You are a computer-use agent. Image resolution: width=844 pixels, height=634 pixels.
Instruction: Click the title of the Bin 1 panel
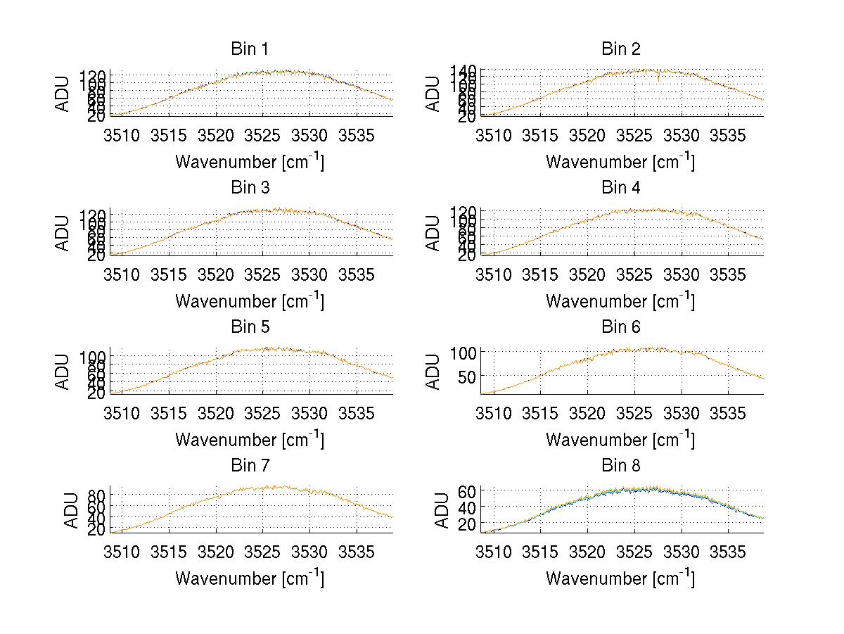point(250,49)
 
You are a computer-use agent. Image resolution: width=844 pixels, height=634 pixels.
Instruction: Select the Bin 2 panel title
point(621,49)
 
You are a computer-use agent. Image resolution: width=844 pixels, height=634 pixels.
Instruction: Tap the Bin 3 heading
point(250,188)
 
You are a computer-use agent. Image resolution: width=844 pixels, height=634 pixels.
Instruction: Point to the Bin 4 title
point(621,188)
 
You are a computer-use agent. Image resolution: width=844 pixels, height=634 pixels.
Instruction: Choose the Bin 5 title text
point(250,327)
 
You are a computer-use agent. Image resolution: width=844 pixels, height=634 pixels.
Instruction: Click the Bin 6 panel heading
point(621,327)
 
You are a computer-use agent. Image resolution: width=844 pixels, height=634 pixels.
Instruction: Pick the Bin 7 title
point(250,466)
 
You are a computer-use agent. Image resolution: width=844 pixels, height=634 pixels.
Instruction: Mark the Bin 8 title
point(621,466)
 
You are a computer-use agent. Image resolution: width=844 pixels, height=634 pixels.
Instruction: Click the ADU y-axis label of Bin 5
point(63,371)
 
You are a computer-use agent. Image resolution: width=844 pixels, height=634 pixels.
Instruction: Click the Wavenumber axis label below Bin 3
point(250,300)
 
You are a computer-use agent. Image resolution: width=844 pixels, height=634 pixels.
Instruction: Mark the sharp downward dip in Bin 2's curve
point(658,78)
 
